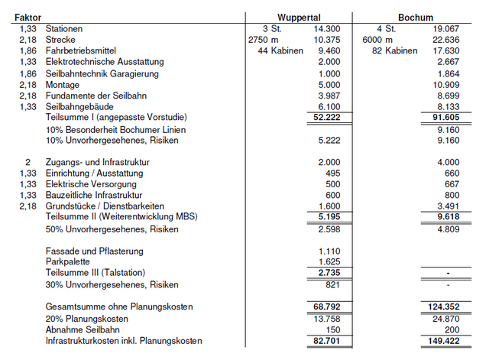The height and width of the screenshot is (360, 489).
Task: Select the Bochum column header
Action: coord(416,17)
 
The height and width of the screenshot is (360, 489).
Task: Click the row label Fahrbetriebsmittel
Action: coord(80,50)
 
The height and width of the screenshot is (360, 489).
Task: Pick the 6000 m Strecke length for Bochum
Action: coord(377,39)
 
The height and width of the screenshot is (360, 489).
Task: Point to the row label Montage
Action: coord(63,84)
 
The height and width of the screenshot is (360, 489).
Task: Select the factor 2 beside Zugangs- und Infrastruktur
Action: coord(28,163)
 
